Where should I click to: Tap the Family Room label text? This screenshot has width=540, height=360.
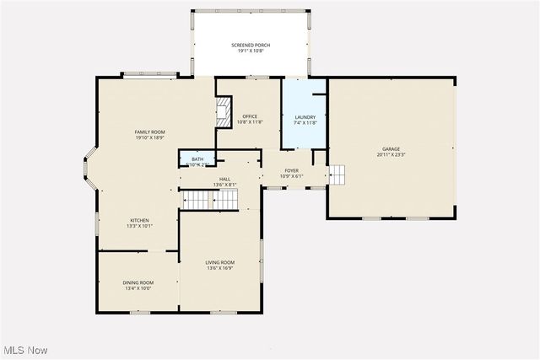[x=149, y=132]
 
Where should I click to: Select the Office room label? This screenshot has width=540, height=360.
[x=250, y=116]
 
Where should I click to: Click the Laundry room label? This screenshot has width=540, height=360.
[x=304, y=117]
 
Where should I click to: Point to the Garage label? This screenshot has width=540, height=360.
[x=390, y=149]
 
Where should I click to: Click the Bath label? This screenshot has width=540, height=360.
[x=197, y=159]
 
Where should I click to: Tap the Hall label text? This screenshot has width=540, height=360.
[x=224, y=179]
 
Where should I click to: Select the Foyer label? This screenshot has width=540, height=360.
[x=291, y=171]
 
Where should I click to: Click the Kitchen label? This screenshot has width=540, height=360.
[x=139, y=220]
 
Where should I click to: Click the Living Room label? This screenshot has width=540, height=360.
[x=220, y=262]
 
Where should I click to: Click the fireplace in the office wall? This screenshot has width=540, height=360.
[x=224, y=111]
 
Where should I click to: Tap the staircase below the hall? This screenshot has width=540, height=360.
[x=212, y=200]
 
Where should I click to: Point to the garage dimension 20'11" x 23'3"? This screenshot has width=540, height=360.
[x=391, y=155]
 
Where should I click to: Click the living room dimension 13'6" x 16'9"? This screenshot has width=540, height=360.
[x=220, y=268]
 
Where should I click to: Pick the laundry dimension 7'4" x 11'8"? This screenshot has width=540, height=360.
[x=304, y=123]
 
